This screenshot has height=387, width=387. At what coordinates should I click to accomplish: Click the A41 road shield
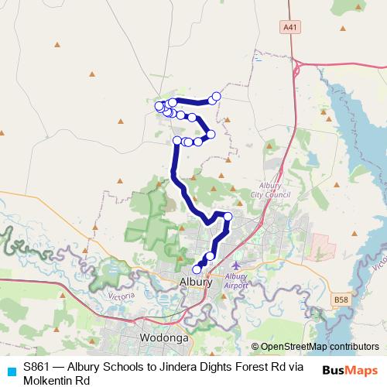click(x=290, y=27)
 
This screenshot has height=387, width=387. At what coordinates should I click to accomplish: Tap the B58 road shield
click(x=341, y=299)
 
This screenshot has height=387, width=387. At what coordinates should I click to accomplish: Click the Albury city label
click(x=195, y=283)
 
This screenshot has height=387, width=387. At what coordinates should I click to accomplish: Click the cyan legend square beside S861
click(x=11, y=370)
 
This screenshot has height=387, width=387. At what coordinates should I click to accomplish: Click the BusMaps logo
click(x=350, y=370)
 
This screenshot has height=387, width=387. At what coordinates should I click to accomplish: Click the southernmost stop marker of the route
click(x=197, y=269)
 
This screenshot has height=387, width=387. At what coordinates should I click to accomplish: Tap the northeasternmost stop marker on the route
click(x=217, y=96)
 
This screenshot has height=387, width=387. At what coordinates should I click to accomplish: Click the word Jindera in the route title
click(x=170, y=368)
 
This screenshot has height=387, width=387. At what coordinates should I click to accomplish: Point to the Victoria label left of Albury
click(x=121, y=296)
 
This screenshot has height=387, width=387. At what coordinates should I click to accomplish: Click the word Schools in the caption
click(x=120, y=368)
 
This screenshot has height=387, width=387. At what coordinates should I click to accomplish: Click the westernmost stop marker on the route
click(x=159, y=106)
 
